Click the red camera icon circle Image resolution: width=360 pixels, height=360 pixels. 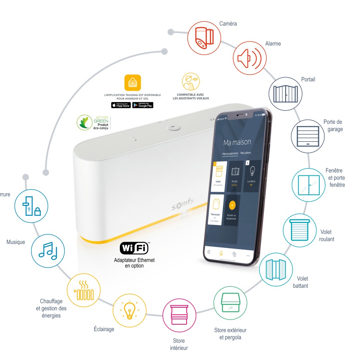pos(204,38)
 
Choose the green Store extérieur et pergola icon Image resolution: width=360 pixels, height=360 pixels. pos(230,303)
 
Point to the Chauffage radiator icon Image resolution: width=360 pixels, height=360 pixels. pos(83,289)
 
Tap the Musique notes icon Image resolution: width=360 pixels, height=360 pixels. pos(48,251)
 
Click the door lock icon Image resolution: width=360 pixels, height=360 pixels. pos(31,206)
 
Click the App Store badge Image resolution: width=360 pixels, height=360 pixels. pos(121,105)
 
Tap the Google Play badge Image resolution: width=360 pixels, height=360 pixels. pos(143,105)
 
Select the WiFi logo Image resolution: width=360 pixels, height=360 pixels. pos(134,248)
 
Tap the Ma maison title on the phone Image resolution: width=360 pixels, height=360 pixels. pos(237,142)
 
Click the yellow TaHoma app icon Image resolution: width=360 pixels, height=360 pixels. pos(133,83)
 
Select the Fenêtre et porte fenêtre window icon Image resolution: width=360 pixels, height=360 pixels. pos(308,185)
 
